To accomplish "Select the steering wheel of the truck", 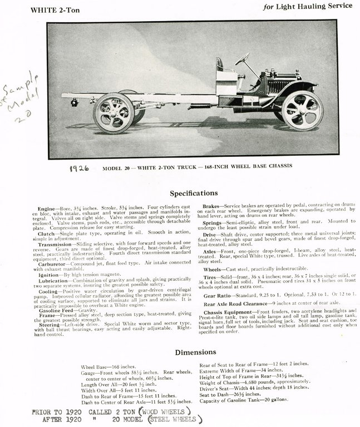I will click(242, 58).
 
